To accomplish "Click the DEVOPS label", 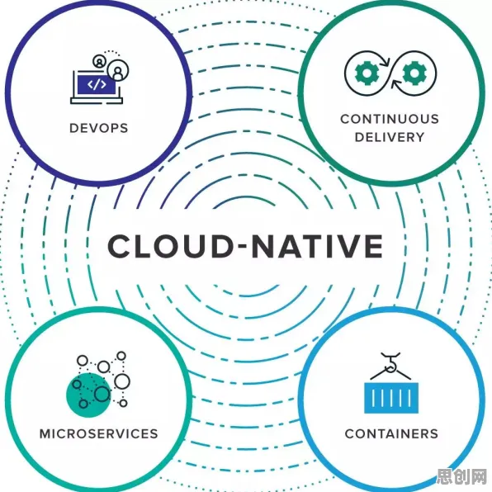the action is pos(98,128).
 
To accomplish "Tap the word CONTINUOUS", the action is pos(390,119).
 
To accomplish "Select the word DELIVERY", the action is pos(390,137).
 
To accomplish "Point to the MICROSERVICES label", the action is pos(98,433).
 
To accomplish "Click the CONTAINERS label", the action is pos(391,433).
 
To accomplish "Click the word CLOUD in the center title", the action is pos(170,246).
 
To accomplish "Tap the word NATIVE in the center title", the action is pos(318,246).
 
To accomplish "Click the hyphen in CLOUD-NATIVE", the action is pos(243,246).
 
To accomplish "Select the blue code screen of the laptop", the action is pos(97,84).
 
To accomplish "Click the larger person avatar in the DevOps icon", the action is pos(118,70).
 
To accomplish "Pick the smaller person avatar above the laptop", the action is pos(99,61).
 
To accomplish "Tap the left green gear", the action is pos(367,73).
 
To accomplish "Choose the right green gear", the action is pos(414,73).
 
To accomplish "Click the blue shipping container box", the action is pos(391,398).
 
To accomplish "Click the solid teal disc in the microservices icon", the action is pos(88,395).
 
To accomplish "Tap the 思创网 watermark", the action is pos(462,477).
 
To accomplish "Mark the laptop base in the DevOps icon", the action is pos(97,101).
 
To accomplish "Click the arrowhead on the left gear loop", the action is pos(386,61).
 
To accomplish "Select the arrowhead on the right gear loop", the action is pos(396,85).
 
